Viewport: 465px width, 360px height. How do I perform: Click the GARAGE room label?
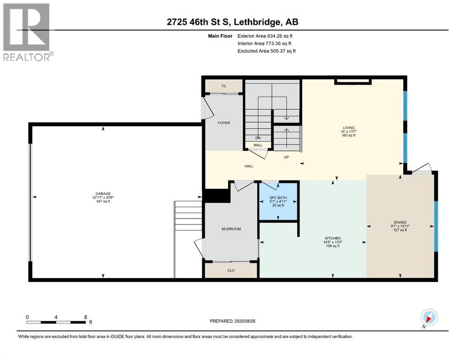click(103, 194)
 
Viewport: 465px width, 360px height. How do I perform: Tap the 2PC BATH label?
click(278, 198)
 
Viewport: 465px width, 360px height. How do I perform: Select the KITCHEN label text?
click(333, 238)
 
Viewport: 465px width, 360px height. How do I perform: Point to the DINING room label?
click(400, 222)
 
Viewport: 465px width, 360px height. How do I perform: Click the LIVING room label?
click(348, 128)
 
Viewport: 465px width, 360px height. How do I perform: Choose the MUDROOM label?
click(231, 229)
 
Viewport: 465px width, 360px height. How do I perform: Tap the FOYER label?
click(224, 123)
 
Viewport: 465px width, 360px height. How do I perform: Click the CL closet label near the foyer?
click(224, 86)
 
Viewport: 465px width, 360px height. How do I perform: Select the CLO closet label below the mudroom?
click(231, 270)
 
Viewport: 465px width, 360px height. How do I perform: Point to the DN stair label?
click(258, 138)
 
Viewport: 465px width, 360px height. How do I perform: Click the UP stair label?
click(286, 157)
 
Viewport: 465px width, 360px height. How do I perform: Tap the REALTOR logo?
click(27, 32)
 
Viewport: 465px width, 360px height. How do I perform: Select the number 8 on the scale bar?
click(86, 317)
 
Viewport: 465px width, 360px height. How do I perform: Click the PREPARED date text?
click(232, 321)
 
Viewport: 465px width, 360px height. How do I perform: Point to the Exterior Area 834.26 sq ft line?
click(265, 36)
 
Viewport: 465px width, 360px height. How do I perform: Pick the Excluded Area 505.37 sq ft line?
click(266, 51)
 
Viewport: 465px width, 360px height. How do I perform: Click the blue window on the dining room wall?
click(436, 226)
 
